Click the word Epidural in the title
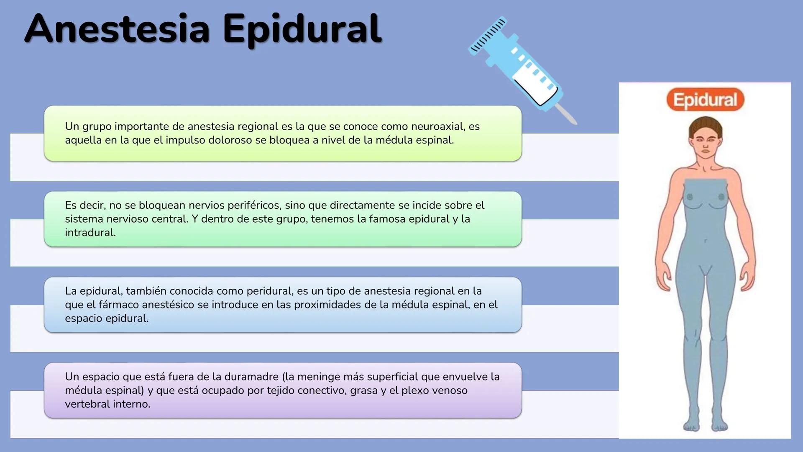[x=302, y=29]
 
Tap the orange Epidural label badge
[x=705, y=100]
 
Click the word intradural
[x=90, y=233]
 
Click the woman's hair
[x=705, y=126]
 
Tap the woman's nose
[x=706, y=145]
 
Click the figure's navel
[x=705, y=241]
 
